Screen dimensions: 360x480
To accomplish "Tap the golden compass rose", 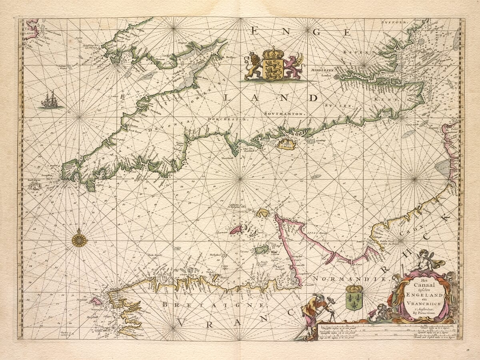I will coord(80,240).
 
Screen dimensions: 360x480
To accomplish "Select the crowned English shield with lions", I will coord(274,64).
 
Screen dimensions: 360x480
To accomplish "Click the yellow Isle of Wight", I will coord(286,144).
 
